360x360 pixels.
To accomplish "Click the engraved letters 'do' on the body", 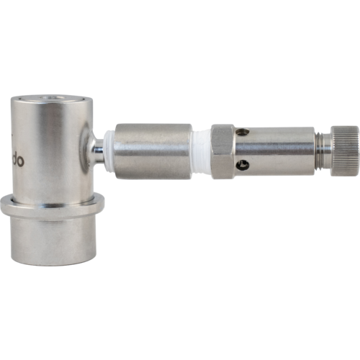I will pyautogui.click(x=17, y=161).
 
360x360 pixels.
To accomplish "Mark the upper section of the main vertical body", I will pyautogui.click(x=47, y=144).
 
